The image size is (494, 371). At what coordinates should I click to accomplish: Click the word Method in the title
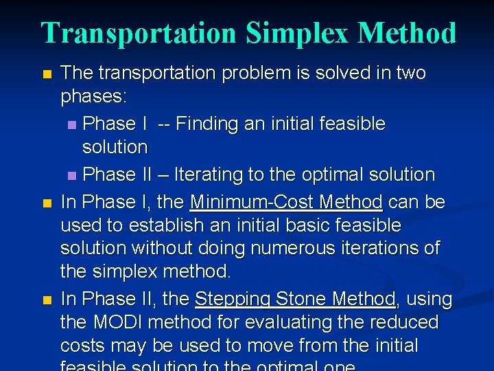click(407, 34)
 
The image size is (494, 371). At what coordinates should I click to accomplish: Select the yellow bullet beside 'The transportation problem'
click(46, 74)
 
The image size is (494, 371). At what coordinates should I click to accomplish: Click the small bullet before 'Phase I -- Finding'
click(73, 125)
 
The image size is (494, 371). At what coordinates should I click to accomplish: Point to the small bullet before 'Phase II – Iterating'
click(73, 176)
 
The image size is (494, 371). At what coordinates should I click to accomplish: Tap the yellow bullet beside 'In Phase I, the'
click(46, 203)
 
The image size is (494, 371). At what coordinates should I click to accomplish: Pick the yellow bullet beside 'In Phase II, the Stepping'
click(46, 300)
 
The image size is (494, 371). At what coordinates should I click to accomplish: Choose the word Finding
click(211, 124)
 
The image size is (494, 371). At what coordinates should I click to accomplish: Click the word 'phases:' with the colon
click(93, 97)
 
